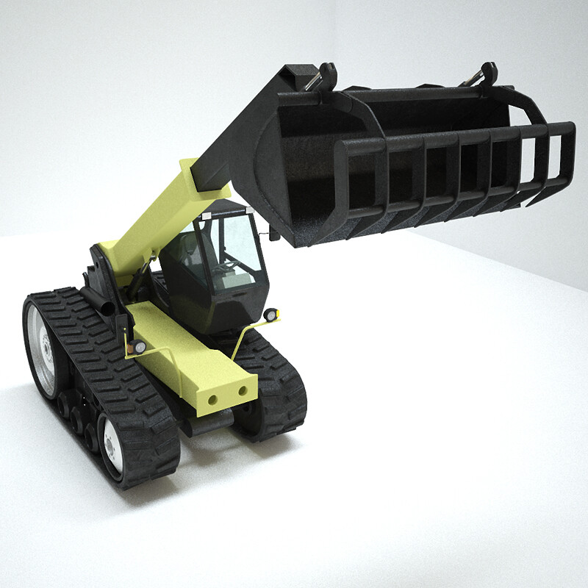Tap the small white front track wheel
click(x=112, y=446)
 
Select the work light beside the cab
click(x=271, y=315)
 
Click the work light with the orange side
click(x=138, y=346)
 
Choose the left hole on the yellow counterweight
click(x=212, y=399)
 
